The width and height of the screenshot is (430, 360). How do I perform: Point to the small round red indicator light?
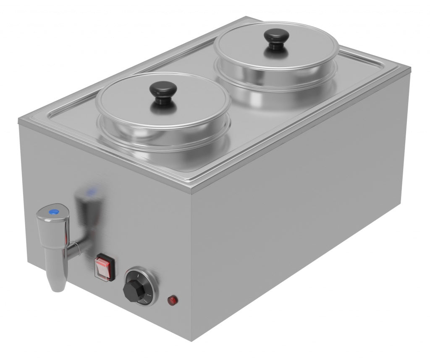[172, 300]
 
